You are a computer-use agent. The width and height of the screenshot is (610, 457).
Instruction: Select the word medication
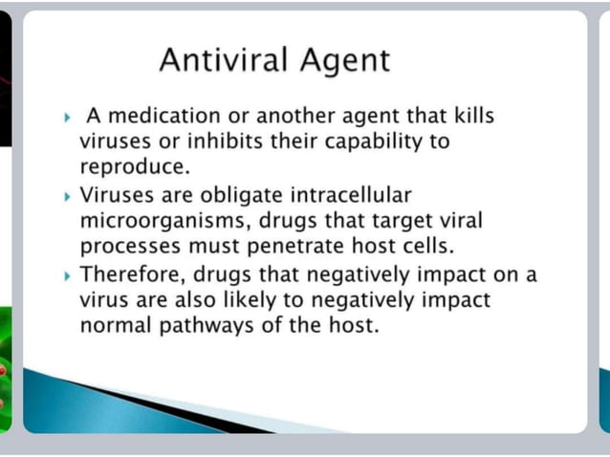point(164,117)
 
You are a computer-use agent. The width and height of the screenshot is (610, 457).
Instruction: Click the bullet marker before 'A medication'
point(68,118)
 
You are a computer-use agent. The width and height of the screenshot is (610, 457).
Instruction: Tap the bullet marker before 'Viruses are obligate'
point(68,196)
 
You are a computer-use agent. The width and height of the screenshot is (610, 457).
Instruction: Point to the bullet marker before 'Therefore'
point(68,275)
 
